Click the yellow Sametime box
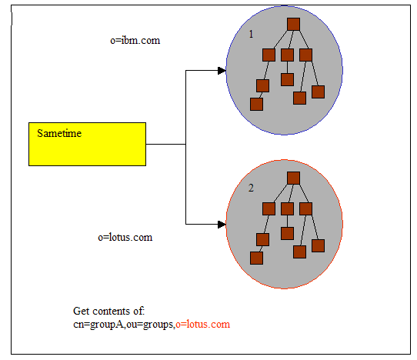[87, 143]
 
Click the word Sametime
[59, 133]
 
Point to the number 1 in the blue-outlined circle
[251, 35]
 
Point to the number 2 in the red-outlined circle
[251, 188]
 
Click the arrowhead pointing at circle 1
[222, 71]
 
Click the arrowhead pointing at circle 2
[222, 225]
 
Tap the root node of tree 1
[293, 24]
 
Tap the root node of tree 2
[293, 178]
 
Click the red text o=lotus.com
[203, 325]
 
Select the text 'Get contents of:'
[108, 312]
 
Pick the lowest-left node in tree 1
[256, 104]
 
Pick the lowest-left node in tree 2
[256, 258]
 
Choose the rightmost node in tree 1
[318, 92]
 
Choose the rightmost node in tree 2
[318, 245]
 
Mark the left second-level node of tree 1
[269, 55]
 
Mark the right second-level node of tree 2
[305, 208]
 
